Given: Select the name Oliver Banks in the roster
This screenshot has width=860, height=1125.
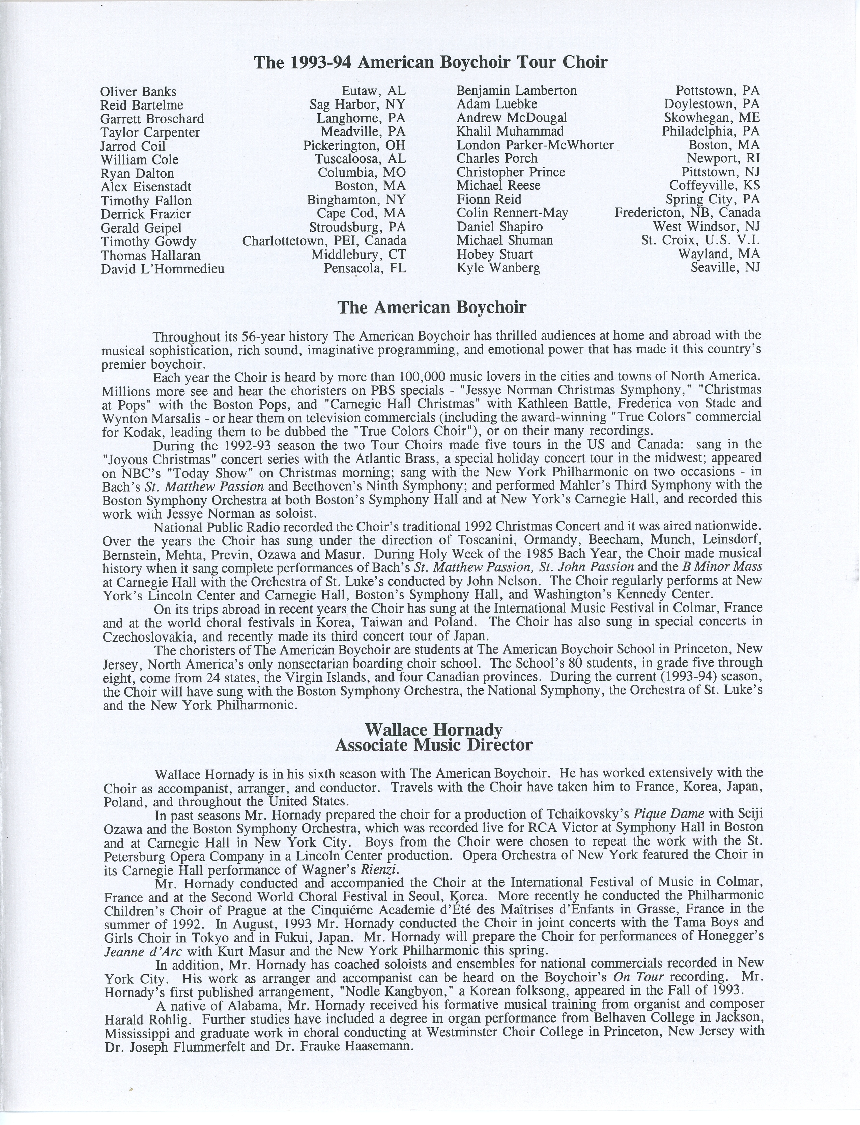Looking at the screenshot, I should tap(138, 92).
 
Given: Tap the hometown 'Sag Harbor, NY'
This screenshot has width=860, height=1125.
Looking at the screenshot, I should tap(357, 105).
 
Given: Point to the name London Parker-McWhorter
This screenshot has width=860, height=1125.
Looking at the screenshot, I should tap(535, 145).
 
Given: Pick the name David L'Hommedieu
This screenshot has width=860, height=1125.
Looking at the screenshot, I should tap(162, 269).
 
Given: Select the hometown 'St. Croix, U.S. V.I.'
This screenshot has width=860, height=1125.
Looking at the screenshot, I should tap(700, 240).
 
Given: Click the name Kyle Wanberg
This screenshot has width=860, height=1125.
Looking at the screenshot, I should tap(498, 268).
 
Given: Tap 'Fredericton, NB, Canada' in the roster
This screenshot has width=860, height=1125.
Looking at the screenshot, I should tap(687, 212).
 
